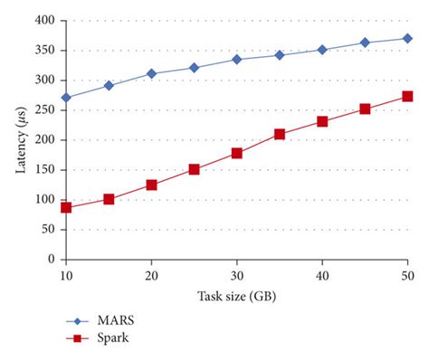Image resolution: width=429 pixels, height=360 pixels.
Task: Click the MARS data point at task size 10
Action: [x=66, y=97]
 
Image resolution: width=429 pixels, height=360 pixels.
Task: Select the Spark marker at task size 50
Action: [x=407, y=96]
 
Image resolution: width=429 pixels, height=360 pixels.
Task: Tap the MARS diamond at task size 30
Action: [x=237, y=59]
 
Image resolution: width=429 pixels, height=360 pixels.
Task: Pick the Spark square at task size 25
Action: [x=194, y=169]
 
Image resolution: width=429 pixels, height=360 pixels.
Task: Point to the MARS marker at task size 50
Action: [x=407, y=38]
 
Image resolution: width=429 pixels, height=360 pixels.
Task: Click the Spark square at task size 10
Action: [x=66, y=207]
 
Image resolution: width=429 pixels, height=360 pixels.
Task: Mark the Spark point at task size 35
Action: [x=280, y=134]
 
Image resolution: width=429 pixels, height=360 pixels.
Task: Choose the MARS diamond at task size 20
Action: [x=151, y=73]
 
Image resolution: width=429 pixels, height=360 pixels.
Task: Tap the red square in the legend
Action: [x=78, y=338]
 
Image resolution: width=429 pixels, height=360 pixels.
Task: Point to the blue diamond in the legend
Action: [x=78, y=319]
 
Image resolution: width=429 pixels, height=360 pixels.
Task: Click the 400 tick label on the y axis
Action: [x=43, y=20]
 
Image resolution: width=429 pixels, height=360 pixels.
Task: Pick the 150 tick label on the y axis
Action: [x=43, y=169]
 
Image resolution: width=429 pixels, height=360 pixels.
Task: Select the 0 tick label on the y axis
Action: [x=51, y=259]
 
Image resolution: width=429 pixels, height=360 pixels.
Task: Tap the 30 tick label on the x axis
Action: [x=237, y=274]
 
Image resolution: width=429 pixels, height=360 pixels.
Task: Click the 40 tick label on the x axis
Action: [x=322, y=274]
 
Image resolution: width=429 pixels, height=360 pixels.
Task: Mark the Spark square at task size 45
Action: [x=365, y=109]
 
